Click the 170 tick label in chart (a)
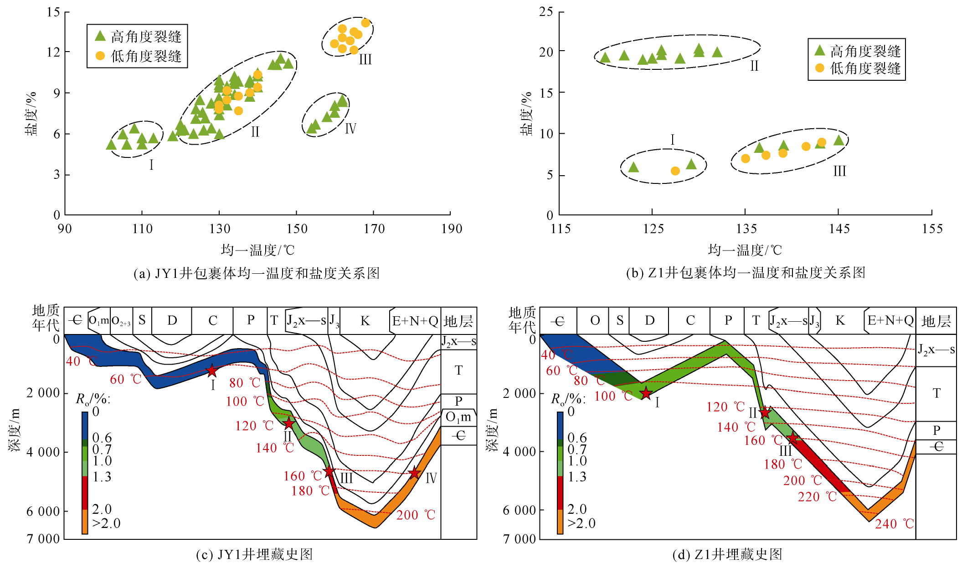coord(374,229)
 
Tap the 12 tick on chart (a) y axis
coord(54,52)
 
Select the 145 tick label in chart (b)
coord(839,229)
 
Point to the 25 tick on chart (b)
coord(546,12)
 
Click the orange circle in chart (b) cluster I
coord(675,171)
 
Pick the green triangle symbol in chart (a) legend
coord(100,36)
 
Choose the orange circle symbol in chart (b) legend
coord(820,68)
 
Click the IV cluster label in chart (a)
coord(350,128)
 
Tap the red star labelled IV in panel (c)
coord(414,473)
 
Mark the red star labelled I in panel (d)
coord(646,393)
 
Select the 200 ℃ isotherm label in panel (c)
coord(416,515)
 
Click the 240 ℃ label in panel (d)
coord(895,524)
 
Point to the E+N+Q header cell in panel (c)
coord(415,321)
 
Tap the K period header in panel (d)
coord(840,321)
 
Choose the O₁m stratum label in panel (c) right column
coord(458,417)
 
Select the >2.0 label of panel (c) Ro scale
coord(107,523)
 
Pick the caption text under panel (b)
coord(746,273)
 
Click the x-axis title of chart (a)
coord(257,250)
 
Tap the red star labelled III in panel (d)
coord(793,439)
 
